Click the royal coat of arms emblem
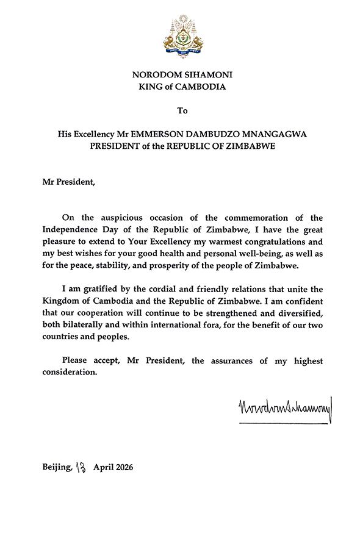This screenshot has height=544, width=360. tap(182, 37)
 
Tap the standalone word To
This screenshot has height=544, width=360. tap(182, 110)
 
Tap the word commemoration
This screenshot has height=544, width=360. tap(257, 218)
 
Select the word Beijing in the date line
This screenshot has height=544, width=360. tap(57, 468)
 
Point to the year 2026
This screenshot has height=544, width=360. tap(122, 468)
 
